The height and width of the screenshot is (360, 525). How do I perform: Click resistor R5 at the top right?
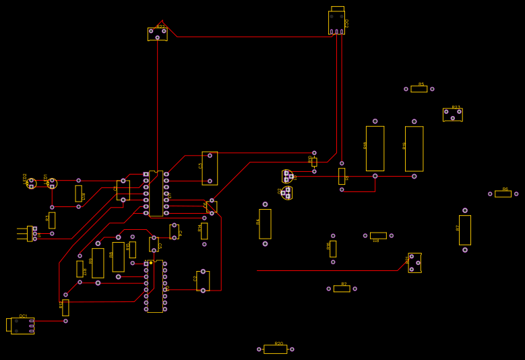point(419,89)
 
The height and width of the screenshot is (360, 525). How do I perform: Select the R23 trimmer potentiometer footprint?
point(452,115)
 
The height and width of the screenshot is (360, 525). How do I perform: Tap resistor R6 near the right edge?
point(503,194)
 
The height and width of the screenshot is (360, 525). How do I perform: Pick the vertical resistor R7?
point(464,230)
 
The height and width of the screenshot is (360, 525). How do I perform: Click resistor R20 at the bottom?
point(275,349)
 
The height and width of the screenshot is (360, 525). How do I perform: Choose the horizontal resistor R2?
point(342,289)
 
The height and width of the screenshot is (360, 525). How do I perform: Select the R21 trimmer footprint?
point(414,263)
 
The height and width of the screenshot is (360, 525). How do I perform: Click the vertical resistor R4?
point(265,224)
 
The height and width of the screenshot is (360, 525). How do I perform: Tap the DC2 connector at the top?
point(337,22)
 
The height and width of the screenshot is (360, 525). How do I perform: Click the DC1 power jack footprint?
point(22,326)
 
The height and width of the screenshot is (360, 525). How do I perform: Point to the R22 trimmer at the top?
point(157,34)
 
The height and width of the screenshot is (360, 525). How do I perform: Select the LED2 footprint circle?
point(31,183)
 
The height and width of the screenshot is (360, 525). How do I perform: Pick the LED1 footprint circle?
point(52,183)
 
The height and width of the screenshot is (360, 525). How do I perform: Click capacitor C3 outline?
point(210,168)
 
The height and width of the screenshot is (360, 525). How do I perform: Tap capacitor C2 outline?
point(203,280)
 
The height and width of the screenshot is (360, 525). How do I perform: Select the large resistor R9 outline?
point(98,263)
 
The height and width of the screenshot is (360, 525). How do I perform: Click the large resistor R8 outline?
point(118,257)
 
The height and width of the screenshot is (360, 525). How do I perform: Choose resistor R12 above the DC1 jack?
point(65,307)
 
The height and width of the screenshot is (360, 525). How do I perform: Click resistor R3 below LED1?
point(52,220)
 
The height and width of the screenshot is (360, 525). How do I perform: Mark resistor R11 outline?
point(79,193)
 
